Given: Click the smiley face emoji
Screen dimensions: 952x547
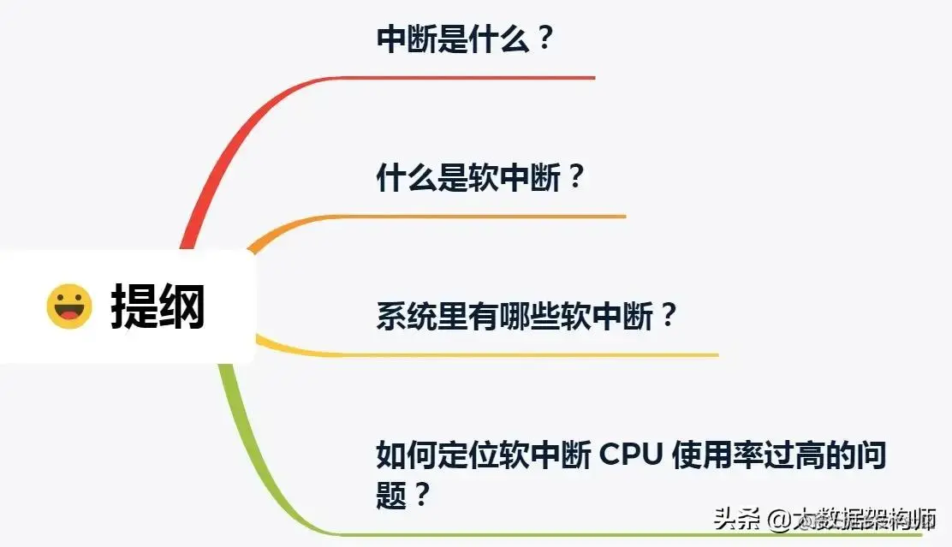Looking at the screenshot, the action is click(68, 306).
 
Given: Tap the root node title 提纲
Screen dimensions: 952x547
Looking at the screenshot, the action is click(158, 306).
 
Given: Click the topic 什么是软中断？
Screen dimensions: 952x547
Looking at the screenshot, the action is click(480, 179).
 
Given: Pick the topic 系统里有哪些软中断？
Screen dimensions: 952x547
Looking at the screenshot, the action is click(527, 317).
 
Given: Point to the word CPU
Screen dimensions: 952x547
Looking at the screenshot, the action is click(631, 455).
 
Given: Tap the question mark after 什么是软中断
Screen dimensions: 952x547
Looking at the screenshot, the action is click(575, 179).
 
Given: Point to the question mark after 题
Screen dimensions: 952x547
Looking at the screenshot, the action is click(420, 495).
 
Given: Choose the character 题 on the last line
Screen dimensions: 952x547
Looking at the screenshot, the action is click(392, 495).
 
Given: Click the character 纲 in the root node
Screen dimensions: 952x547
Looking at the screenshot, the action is click(181, 306).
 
